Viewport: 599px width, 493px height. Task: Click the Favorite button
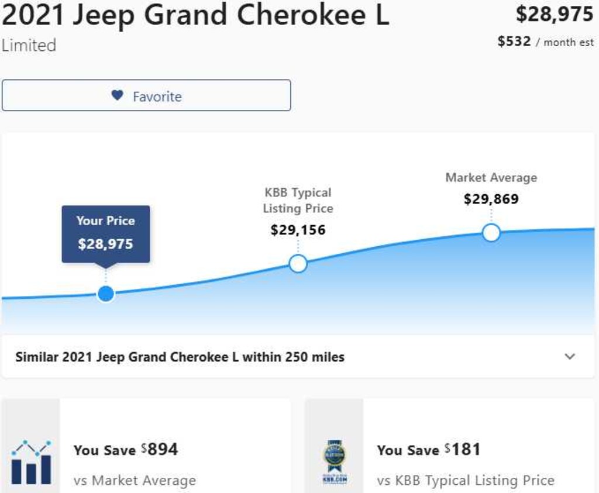146,95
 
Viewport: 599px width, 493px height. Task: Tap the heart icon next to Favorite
117,95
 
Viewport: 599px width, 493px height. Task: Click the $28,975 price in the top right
555,15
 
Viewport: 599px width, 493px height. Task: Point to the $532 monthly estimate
514,42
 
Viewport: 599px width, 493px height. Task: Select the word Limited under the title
29,46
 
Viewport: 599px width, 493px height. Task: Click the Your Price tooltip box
106,234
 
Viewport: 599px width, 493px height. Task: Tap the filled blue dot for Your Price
106,294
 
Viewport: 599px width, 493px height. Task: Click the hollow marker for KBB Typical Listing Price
298,264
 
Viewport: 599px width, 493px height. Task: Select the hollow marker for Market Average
491,233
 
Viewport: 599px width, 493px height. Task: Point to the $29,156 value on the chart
298,230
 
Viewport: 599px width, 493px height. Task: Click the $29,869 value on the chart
491,199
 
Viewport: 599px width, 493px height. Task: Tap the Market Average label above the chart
491,178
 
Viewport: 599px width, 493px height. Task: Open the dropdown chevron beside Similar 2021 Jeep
570,357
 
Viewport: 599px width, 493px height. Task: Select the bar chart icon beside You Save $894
31,463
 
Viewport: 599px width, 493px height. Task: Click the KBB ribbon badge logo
335,462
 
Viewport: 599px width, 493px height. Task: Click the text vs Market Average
135,480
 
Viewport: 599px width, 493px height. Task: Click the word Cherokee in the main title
301,15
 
